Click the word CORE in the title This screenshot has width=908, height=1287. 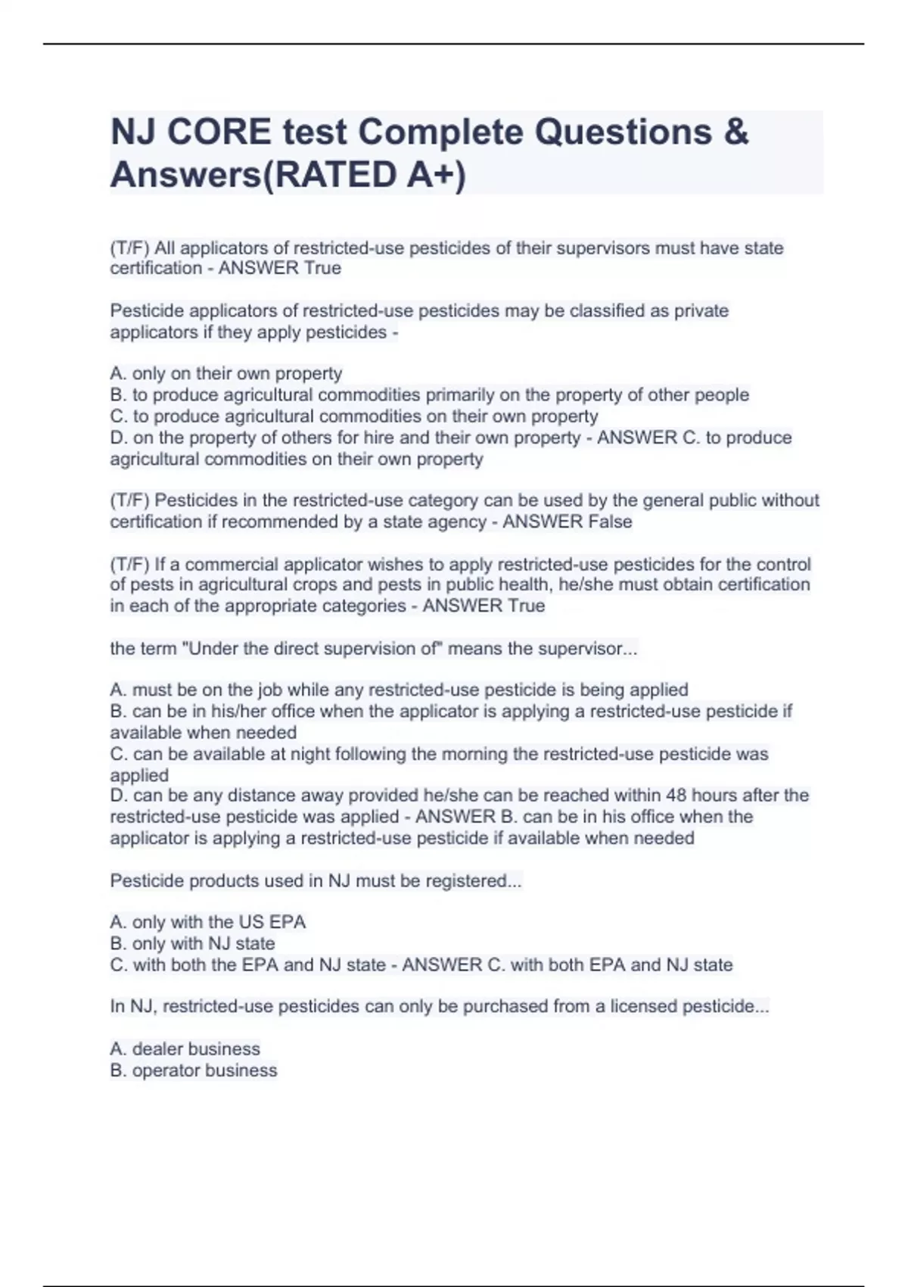pyautogui.click(x=219, y=132)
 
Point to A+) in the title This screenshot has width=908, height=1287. pyautogui.click(x=436, y=175)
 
